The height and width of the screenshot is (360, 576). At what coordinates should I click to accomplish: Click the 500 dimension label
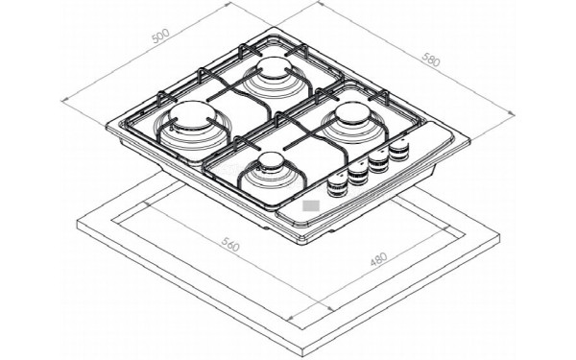(x=160, y=36)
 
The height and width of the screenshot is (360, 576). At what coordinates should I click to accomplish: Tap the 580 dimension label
(x=431, y=60)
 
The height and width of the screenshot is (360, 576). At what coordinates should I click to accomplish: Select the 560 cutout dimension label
(x=230, y=244)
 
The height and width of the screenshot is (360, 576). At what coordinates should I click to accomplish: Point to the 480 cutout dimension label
(x=378, y=259)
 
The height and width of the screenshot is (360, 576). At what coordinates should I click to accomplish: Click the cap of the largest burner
(x=192, y=115)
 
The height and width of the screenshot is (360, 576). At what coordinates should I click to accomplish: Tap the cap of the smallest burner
(x=272, y=161)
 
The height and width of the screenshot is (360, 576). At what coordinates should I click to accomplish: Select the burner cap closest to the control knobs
(x=353, y=113)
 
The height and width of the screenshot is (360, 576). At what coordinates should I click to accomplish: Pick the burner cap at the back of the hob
(x=275, y=67)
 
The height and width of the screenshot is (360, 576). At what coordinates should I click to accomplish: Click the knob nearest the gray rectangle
(x=337, y=185)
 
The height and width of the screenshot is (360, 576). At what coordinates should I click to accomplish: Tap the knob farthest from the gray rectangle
(x=399, y=150)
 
